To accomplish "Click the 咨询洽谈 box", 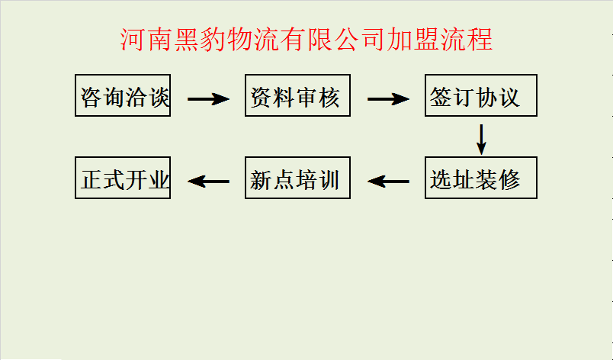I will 123,95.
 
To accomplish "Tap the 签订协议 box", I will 481,95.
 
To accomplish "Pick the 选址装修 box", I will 481,178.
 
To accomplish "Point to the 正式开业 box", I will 123,178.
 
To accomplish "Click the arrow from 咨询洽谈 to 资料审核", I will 208,98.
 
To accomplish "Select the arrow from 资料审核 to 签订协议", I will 388,98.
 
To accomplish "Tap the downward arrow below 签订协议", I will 481,137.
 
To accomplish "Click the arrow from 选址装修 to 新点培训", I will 388,182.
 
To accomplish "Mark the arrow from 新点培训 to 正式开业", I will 208,182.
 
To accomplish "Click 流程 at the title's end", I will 469,39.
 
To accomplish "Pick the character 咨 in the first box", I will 90,96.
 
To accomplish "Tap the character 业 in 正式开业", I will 158,179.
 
